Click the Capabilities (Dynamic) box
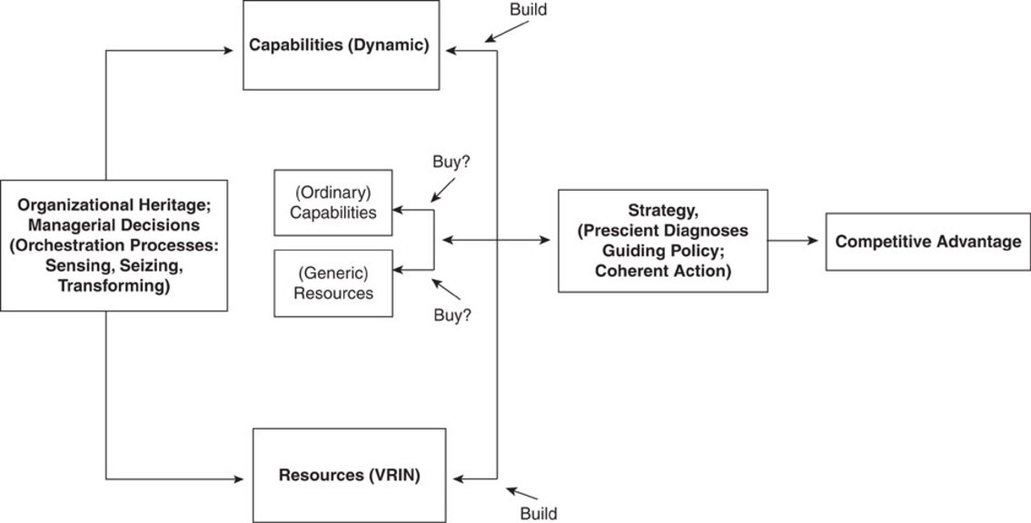[x=342, y=44]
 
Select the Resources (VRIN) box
[x=349, y=475]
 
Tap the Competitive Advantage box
[x=927, y=242]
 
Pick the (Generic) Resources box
[x=333, y=283]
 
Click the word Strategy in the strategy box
[x=661, y=211]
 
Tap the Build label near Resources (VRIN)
[x=538, y=513]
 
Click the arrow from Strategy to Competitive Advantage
[x=796, y=241]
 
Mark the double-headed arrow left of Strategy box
[x=495, y=241]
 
